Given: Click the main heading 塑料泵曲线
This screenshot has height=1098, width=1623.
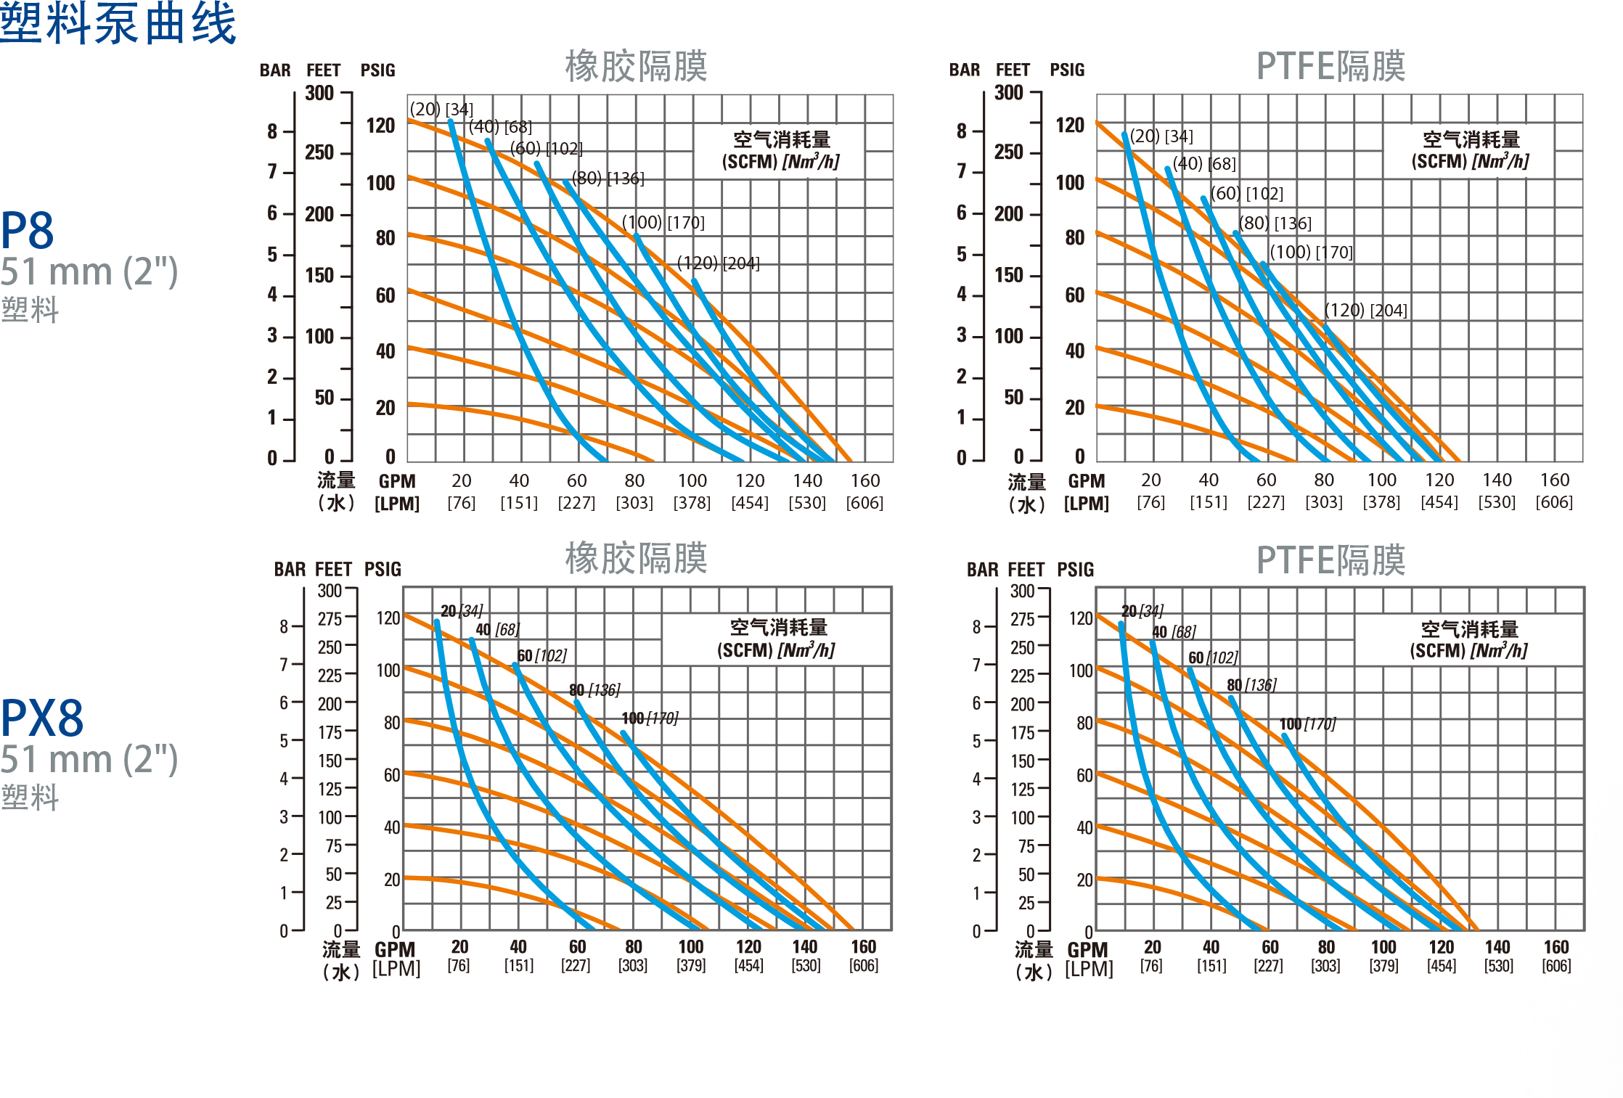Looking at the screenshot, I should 118,23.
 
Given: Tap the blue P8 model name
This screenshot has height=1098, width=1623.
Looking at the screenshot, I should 28,231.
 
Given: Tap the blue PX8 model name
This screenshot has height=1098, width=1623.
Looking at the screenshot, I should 42,718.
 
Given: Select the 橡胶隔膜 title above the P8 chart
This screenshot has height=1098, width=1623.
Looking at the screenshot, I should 636,66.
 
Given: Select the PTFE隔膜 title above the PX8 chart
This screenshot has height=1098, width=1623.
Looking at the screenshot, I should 1330,560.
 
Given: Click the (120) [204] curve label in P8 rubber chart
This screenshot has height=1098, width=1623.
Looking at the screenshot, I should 718,263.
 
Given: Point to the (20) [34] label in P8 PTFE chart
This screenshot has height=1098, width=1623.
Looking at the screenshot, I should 1161,136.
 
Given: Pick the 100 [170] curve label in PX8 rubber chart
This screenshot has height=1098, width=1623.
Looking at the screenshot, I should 650,718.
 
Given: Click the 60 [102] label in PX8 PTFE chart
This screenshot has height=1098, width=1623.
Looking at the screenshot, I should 1213,657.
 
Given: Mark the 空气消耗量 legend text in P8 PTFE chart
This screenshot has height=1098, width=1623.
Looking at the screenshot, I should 1471,139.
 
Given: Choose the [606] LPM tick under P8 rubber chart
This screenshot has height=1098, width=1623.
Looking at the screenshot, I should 864,503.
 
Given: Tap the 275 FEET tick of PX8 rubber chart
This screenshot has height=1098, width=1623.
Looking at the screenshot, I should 330,619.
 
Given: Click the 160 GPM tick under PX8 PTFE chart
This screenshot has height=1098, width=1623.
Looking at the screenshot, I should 1556,947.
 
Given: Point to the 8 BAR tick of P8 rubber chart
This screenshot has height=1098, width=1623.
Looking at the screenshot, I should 272,131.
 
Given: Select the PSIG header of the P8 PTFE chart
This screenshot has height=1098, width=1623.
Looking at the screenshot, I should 1067,70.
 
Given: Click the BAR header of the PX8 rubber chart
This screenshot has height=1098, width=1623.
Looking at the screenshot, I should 290,570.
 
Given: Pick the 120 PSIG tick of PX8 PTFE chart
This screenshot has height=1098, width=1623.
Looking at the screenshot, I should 1081,618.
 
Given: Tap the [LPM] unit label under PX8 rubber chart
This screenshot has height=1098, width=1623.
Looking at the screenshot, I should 396,969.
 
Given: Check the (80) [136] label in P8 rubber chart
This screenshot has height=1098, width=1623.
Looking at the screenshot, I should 608,179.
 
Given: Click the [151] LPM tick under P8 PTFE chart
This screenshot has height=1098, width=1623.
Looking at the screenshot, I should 1209,502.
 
